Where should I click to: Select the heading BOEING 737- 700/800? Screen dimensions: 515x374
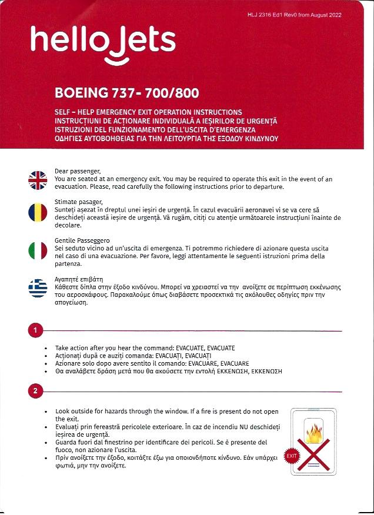(x=126, y=93)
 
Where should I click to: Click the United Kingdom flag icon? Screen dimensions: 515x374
(x=37, y=180)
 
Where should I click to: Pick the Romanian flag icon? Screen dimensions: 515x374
(x=37, y=212)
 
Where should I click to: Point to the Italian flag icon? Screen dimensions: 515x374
(x=37, y=250)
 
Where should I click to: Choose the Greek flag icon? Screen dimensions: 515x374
(x=37, y=288)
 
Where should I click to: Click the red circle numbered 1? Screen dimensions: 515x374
(x=35, y=331)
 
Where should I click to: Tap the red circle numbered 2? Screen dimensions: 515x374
(x=35, y=390)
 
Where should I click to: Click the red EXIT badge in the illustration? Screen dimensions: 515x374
(x=291, y=456)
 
